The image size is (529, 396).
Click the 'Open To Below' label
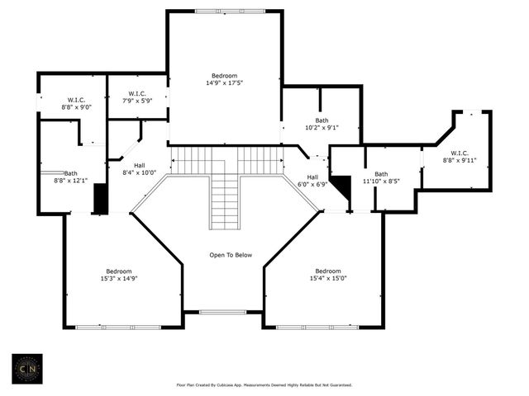click(231, 255)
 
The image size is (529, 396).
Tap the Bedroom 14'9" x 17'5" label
click(224, 79)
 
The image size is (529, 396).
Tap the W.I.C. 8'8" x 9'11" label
click(460, 157)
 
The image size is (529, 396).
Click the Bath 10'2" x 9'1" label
click(321, 124)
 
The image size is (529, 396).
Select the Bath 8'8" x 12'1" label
click(71, 177)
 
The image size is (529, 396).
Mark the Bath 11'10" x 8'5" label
click(381, 177)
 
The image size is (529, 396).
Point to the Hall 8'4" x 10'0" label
click(140, 168)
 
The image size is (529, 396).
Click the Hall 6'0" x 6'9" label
click(312, 181)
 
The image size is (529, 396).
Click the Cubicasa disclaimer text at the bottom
click(264, 384)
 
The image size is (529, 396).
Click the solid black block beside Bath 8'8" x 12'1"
click(101, 198)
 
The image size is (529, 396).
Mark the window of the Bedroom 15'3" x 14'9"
click(118, 328)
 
